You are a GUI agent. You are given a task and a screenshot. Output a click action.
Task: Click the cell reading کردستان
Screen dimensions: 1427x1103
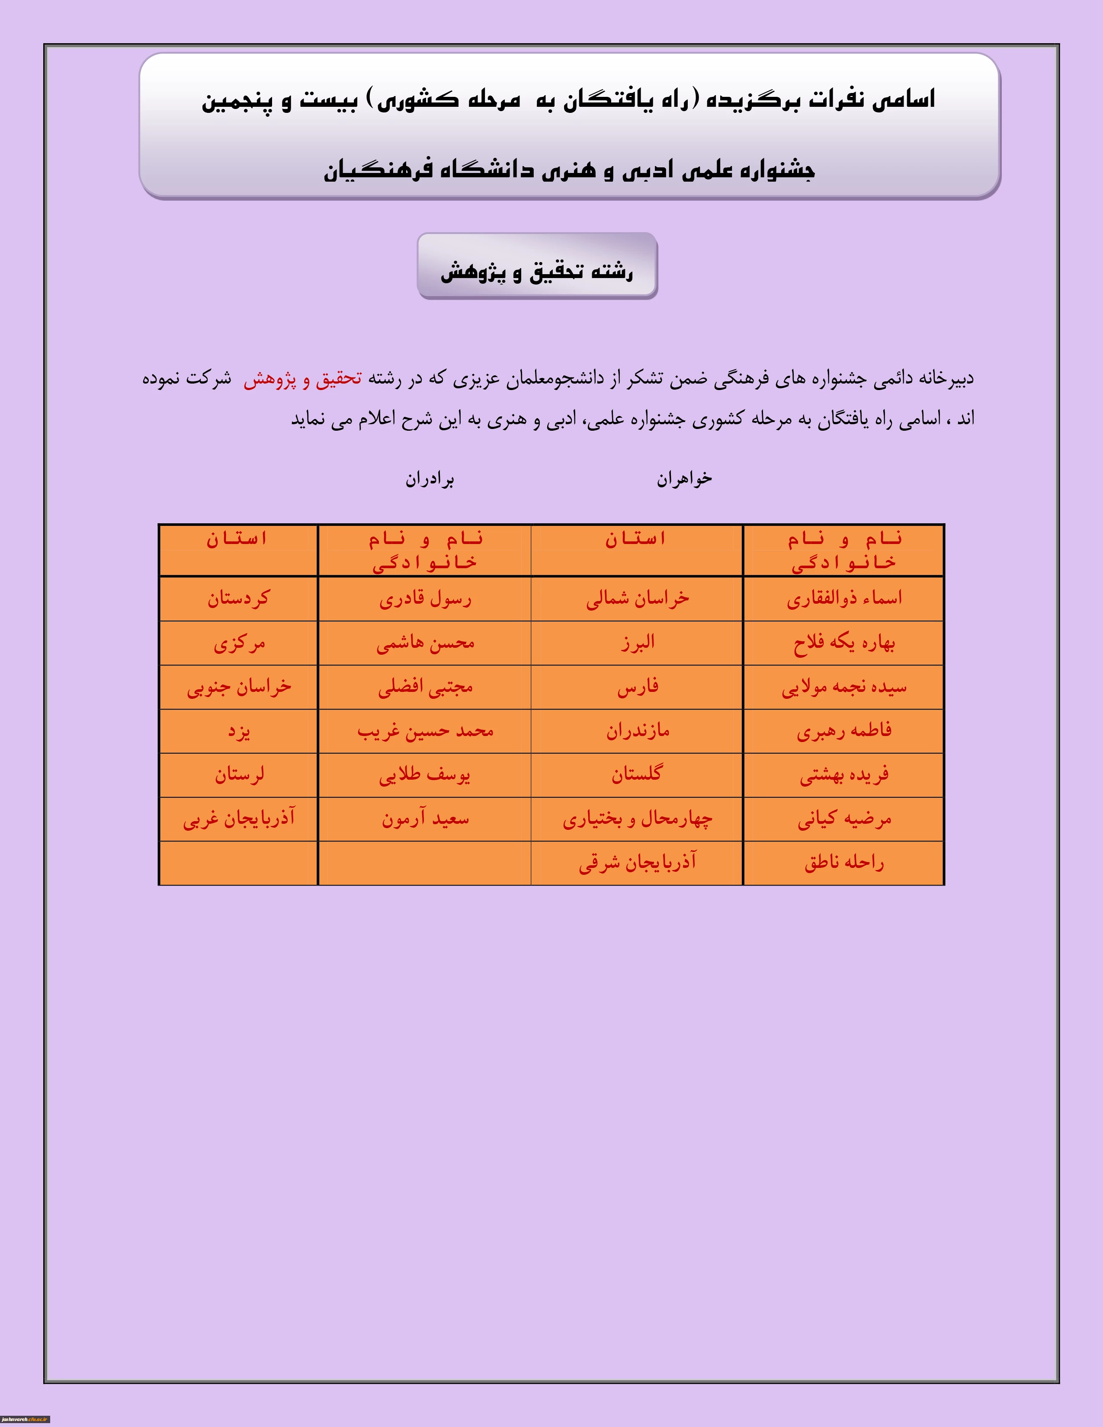pyautogui.click(x=238, y=598)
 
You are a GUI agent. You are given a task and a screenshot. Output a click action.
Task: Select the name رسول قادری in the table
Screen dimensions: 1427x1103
pyautogui.click(x=425, y=598)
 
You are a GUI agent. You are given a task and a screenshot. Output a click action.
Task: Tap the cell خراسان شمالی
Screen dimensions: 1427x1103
pyautogui.click(x=637, y=598)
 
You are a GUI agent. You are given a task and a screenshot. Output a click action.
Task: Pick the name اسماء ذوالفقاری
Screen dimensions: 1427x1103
pyautogui.click(x=843, y=598)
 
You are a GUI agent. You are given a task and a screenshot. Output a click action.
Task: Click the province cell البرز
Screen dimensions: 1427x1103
pyautogui.click(x=637, y=643)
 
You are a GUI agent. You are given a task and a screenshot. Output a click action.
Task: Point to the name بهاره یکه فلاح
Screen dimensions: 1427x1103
pyautogui.click(x=843, y=643)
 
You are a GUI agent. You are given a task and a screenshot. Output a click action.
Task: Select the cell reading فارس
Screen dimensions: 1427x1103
pyautogui.click(x=637, y=687)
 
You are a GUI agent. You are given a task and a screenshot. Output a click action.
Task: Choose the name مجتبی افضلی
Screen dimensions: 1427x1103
pyautogui.click(x=425, y=687)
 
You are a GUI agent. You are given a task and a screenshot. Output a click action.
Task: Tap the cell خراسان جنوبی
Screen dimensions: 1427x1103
pyautogui.click(x=238, y=687)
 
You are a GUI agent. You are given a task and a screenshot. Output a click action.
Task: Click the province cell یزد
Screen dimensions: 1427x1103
pyautogui.click(x=238, y=731)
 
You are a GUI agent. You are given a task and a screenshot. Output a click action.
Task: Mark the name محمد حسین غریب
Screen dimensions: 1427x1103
pyautogui.click(x=425, y=731)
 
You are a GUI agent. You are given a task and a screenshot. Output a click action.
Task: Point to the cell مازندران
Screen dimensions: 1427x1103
pyautogui.click(x=637, y=731)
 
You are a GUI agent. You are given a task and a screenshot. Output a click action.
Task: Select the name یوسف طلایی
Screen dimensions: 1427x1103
pyautogui.click(x=425, y=775)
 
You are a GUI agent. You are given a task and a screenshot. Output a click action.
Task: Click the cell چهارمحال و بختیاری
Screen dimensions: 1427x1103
pyautogui.click(x=637, y=819)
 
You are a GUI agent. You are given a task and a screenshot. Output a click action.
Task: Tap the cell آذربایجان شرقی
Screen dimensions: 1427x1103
pyautogui.click(x=637, y=863)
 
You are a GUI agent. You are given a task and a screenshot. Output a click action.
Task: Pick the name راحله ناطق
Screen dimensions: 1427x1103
pyautogui.click(x=843, y=863)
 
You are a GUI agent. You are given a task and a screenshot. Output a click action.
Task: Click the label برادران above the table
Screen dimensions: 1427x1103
pyautogui.click(x=430, y=480)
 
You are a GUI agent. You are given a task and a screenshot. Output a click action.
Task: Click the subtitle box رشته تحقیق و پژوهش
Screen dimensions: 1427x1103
pyautogui.click(x=537, y=266)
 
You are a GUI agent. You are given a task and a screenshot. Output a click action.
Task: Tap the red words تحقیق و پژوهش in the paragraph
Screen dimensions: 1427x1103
pyautogui.click(x=302, y=379)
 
